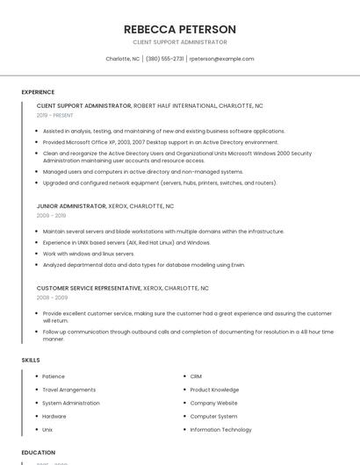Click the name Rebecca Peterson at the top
[x=179, y=29]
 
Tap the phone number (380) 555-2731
[x=164, y=59]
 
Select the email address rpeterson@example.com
[x=221, y=59]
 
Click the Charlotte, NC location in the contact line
[x=123, y=59]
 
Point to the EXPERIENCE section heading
[x=38, y=92]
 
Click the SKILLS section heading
[x=31, y=360]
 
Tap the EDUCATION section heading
[x=38, y=453]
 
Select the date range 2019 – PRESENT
[x=54, y=115]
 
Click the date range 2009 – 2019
[x=51, y=215]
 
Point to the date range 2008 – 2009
[x=51, y=297]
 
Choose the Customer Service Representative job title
[x=89, y=288]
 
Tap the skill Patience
[x=54, y=376]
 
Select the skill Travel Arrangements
[x=69, y=390]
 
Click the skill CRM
[x=196, y=376]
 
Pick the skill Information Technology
[x=220, y=430]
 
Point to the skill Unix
[x=47, y=430]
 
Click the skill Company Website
[x=213, y=403]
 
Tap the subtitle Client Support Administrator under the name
[x=179, y=42]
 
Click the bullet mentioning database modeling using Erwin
[x=143, y=264]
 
